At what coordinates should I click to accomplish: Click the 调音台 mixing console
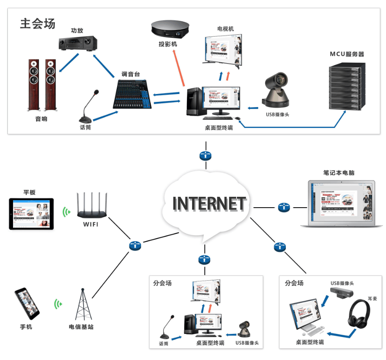pos(133,94)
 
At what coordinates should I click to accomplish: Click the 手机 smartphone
pos(27,303)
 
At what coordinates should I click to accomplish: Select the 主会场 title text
pos(38,24)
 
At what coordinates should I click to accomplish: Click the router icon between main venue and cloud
pos(205,156)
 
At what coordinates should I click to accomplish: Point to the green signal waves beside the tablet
pos(66,212)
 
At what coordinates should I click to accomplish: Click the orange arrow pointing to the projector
pos(179,67)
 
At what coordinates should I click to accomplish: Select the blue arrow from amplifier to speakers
pos(68,62)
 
